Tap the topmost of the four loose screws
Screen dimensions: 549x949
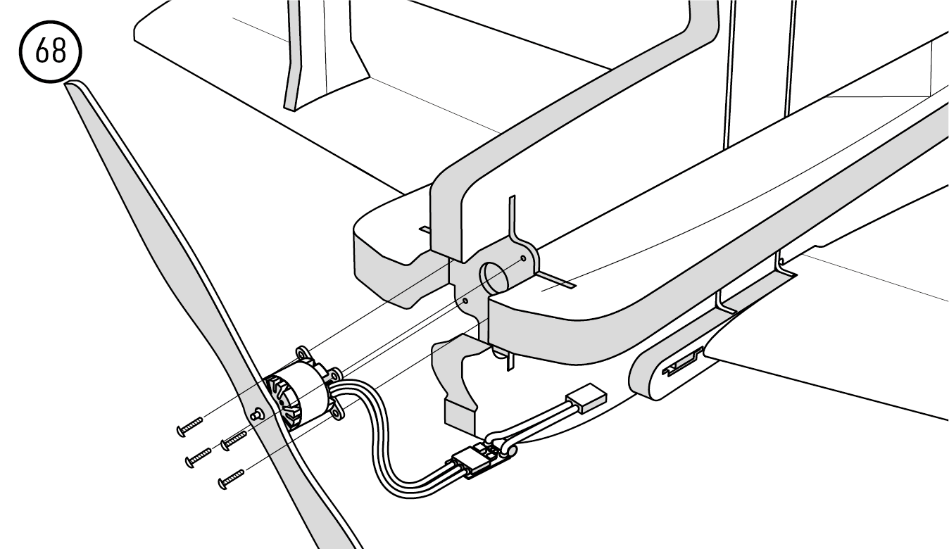pyautogui.click(x=189, y=425)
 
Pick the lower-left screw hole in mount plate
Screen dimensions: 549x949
pyautogui.click(x=465, y=301)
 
